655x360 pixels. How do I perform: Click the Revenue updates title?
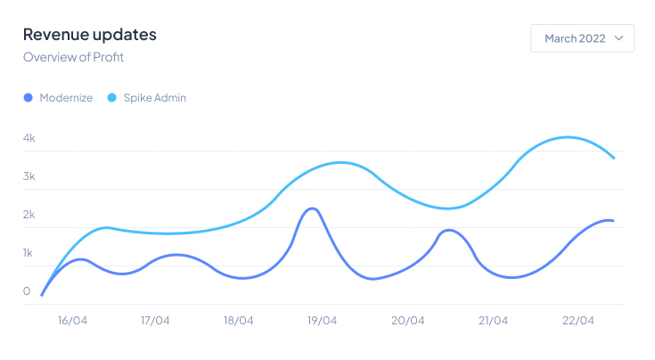(89, 35)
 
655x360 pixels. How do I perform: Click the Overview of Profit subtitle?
(73, 57)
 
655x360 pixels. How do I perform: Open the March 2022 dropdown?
(582, 38)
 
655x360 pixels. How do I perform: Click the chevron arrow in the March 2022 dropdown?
(618, 38)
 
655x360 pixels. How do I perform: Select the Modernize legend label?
(66, 98)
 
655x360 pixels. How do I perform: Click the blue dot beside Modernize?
(29, 98)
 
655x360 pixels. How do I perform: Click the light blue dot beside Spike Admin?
(112, 98)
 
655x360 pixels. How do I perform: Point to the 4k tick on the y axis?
(29, 138)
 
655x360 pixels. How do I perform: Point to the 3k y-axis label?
(29, 176)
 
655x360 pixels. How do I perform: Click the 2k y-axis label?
(29, 215)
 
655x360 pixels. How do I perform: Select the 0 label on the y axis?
(27, 291)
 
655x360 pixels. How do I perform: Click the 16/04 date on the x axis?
(72, 321)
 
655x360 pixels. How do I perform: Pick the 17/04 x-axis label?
(156, 321)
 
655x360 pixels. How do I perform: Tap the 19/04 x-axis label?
(323, 321)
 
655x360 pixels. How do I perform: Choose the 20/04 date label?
(407, 321)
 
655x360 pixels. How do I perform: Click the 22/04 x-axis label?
(578, 321)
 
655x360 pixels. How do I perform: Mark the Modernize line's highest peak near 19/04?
(311, 209)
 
